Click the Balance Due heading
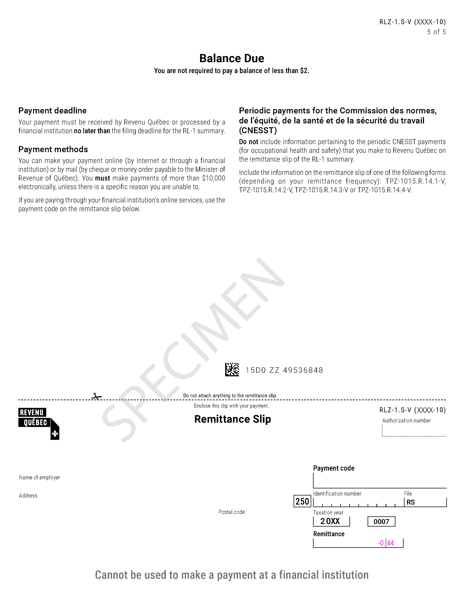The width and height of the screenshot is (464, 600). pyautogui.click(x=232, y=58)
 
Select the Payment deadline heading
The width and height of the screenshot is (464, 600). pyautogui.click(x=53, y=111)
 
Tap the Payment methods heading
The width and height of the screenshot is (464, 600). pyautogui.click(x=53, y=149)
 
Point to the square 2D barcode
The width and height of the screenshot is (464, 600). pyautogui.click(x=232, y=370)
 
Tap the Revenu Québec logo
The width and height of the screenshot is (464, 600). pyautogui.click(x=39, y=423)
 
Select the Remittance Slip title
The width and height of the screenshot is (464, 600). pyautogui.click(x=233, y=419)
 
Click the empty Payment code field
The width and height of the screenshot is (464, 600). pyautogui.click(x=380, y=481)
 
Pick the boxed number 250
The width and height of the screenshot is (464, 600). pyautogui.click(x=302, y=501)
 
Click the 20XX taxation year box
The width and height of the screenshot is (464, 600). pyautogui.click(x=331, y=521)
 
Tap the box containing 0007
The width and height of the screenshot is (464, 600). pyautogui.click(x=381, y=521)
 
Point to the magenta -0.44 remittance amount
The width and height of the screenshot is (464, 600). pyautogui.click(x=386, y=543)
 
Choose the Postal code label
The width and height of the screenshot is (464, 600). pyautogui.click(x=231, y=512)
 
